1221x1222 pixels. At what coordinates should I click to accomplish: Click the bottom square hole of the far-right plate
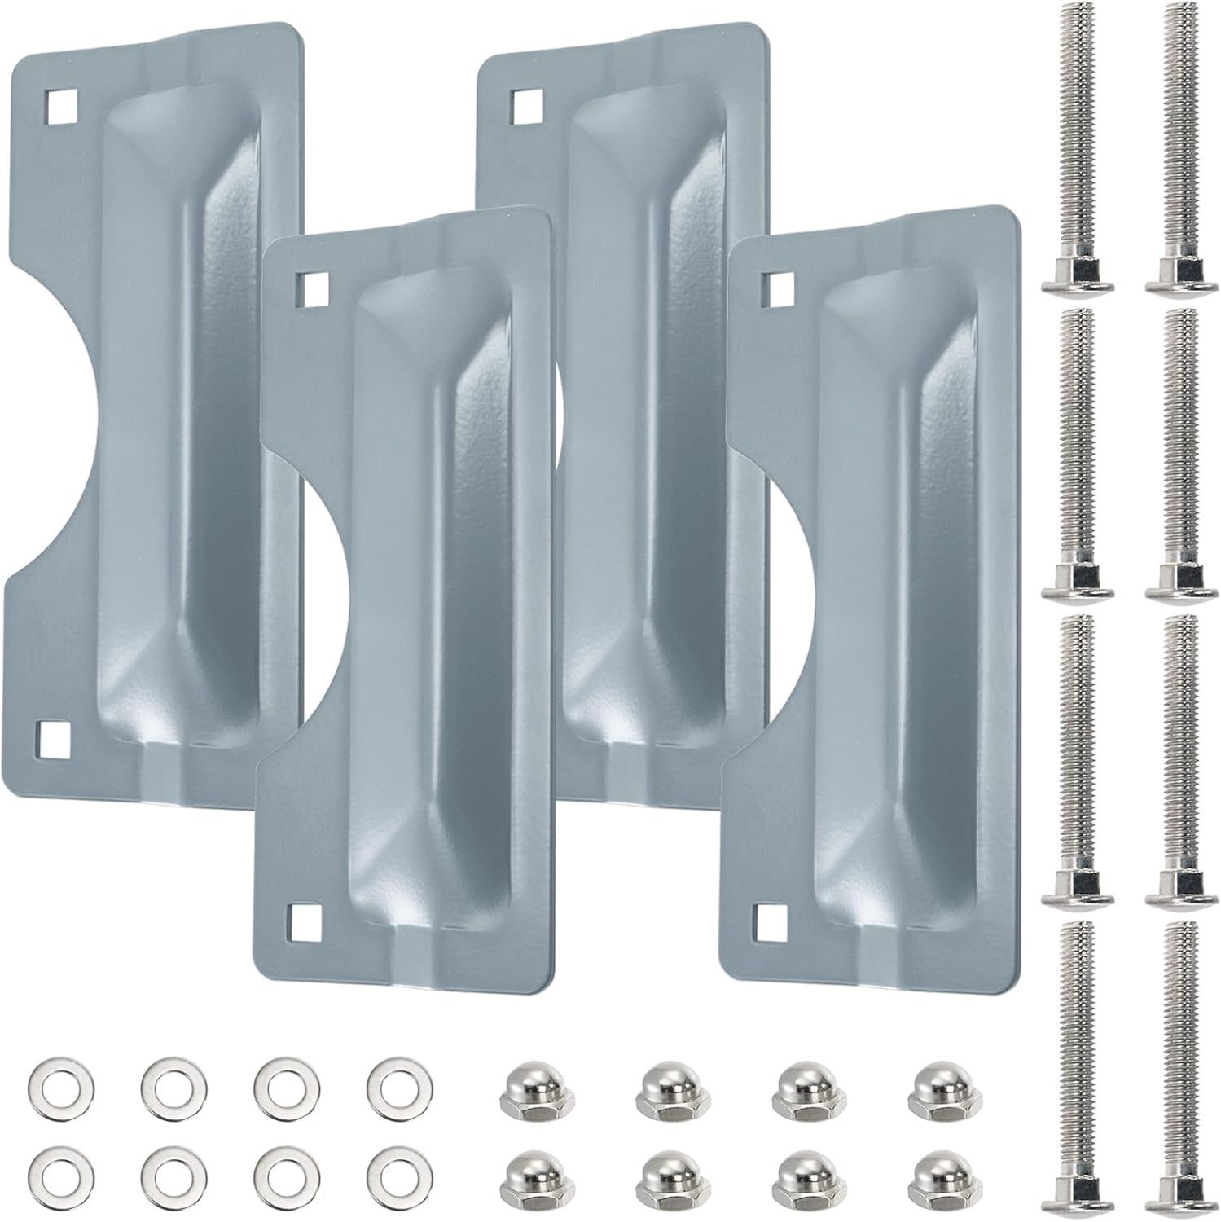point(770,921)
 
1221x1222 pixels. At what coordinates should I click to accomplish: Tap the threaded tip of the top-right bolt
point(1179,16)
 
